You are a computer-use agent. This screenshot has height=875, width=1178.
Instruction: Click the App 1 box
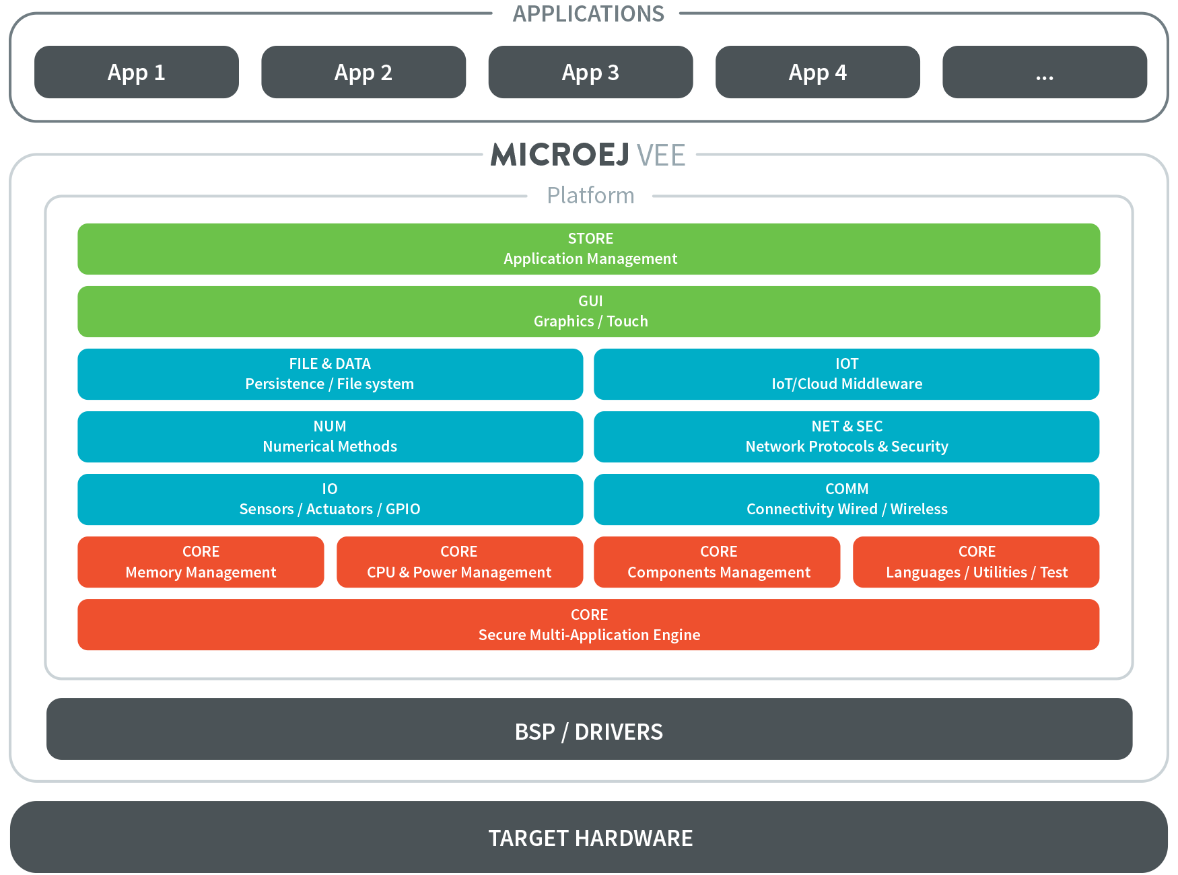(x=137, y=72)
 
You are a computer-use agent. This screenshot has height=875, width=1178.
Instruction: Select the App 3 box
(x=590, y=72)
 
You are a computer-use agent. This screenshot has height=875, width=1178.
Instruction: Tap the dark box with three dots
(x=1045, y=72)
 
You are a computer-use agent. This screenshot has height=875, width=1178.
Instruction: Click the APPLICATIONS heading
(x=588, y=13)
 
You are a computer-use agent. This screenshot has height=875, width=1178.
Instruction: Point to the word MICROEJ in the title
(x=560, y=155)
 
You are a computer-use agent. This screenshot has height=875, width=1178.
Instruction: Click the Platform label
(x=590, y=195)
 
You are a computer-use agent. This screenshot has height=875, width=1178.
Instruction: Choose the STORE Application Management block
(x=589, y=249)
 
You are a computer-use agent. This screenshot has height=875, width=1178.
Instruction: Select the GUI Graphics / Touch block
(x=589, y=312)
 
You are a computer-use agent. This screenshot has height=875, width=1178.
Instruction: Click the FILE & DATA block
(x=330, y=374)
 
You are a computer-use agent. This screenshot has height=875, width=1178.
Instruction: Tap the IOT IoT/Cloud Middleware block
(x=847, y=374)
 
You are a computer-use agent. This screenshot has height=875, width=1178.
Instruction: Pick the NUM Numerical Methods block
(x=330, y=437)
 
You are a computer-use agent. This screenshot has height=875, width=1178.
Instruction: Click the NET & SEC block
(x=847, y=437)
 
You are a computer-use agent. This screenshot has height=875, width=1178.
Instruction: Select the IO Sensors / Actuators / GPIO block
(x=330, y=499)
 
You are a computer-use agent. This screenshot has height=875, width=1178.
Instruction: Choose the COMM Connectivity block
(x=847, y=499)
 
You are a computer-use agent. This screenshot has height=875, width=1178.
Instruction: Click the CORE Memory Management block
(x=201, y=562)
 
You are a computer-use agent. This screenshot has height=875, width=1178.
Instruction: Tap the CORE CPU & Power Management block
(x=460, y=562)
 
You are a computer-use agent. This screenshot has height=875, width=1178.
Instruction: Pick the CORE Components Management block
(x=717, y=562)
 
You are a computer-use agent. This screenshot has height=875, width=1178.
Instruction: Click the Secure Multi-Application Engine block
(x=589, y=625)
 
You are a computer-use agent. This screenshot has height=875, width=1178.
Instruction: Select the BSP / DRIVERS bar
(x=589, y=729)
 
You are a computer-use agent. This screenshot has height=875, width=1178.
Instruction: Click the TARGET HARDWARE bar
(x=589, y=837)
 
